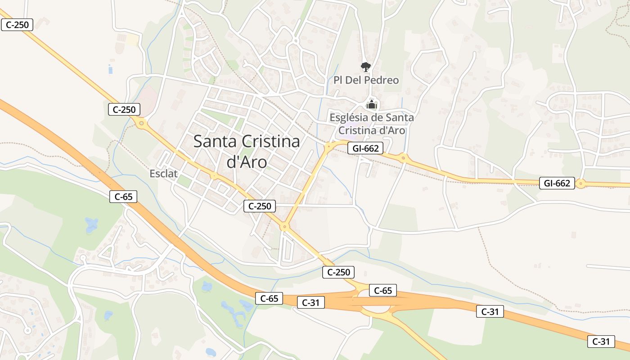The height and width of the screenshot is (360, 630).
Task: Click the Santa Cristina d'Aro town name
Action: point(247,151)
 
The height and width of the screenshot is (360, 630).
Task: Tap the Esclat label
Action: point(164,174)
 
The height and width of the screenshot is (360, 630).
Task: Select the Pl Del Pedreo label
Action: point(366,80)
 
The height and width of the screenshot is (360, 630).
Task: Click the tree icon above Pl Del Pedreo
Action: point(366,67)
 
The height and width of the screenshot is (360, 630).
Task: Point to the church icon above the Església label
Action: point(371,105)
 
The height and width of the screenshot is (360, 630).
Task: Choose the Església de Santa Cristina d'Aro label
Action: point(372,124)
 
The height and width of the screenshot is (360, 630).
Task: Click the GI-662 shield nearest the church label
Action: point(365,148)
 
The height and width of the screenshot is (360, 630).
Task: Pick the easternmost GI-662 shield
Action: point(557,183)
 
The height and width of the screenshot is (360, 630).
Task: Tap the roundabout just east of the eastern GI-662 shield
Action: point(580,184)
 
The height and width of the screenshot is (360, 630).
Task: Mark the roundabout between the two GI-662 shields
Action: point(403,157)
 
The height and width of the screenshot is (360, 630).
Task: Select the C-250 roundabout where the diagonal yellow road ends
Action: point(284,226)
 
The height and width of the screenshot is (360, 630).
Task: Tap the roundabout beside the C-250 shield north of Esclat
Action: point(141,122)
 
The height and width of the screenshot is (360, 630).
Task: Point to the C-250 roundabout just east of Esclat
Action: point(214,175)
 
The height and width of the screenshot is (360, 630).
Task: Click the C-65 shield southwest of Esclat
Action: point(123,196)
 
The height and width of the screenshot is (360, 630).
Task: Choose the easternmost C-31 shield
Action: point(601,341)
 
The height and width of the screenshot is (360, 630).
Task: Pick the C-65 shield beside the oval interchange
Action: point(383,291)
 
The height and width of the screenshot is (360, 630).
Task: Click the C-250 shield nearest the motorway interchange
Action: point(338,272)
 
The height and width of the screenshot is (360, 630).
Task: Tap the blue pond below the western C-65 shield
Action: point(91,224)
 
